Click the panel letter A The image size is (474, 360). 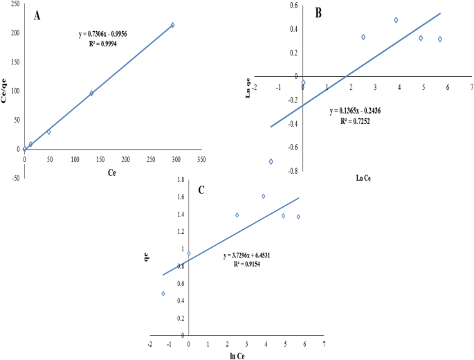[x=37, y=15]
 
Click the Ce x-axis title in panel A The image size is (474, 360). [x=111, y=173]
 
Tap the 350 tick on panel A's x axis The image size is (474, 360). [x=201, y=159]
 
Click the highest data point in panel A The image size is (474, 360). [x=172, y=25]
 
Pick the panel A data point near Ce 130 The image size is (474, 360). [x=91, y=93]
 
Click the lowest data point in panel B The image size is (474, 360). [x=271, y=161]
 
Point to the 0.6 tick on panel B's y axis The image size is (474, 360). [x=293, y=6]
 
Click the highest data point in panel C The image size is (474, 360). [x=264, y=196]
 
